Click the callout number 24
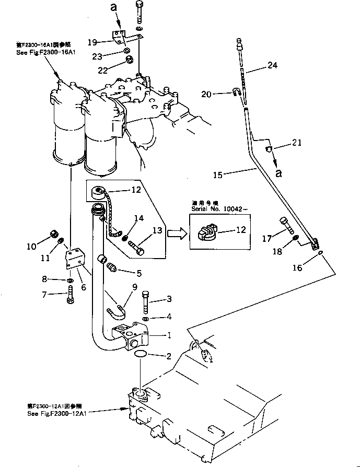pyautogui.click(x=287, y=65)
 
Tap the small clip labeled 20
pyautogui.click(x=251, y=94)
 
